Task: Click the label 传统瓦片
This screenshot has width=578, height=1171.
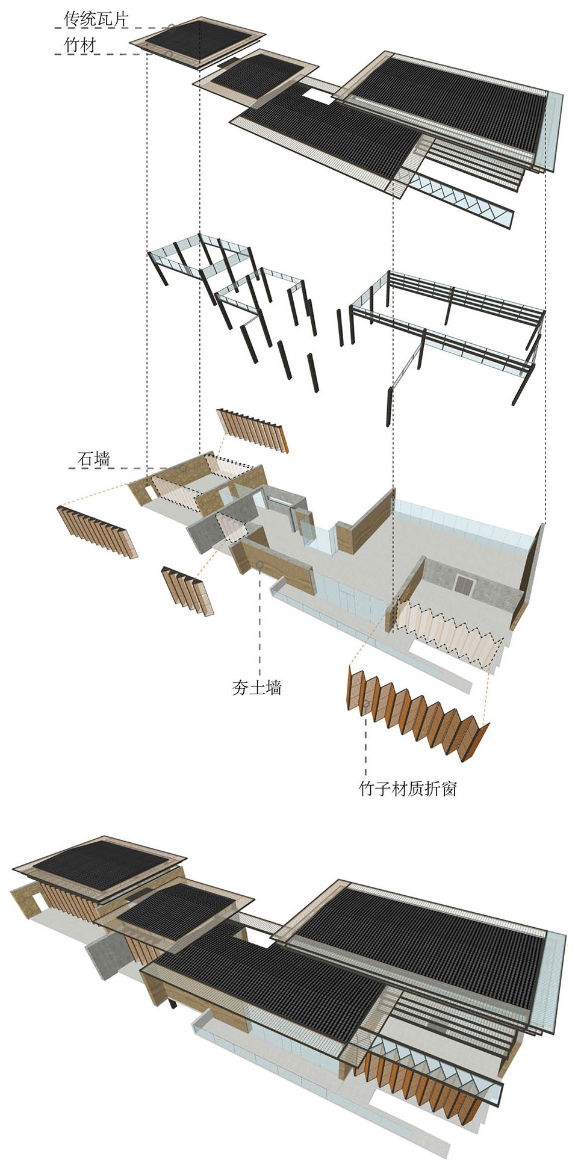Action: click(x=96, y=19)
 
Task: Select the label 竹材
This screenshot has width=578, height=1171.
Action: click(x=80, y=45)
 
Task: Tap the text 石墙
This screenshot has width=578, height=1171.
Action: click(x=94, y=459)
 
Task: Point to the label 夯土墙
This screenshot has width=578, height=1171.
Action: click(x=257, y=688)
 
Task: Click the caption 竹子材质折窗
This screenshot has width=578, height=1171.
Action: click(x=408, y=788)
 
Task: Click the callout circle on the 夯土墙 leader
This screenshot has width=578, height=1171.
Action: click(x=259, y=565)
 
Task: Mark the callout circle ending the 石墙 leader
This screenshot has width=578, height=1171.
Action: click(x=184, y=468)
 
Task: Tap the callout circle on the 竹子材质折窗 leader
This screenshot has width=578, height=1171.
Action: click(x=365, y=703)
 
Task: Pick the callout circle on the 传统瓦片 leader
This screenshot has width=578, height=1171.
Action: click(x=172, y=27)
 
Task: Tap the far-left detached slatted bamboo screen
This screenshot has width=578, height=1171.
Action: click(x=96, y=530)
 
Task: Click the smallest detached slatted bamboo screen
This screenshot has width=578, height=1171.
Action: click(x=187, y=590)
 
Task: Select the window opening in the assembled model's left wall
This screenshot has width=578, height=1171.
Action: click(x=39, y=901)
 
